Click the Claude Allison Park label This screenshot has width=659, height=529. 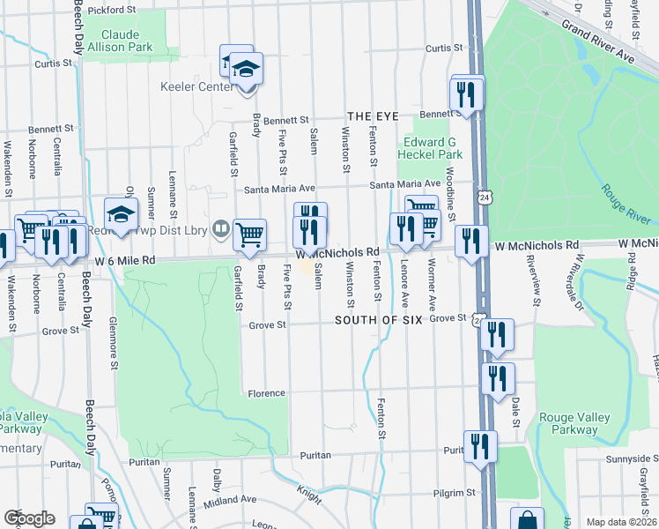tap(126, 41)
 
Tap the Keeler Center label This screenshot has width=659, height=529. tap(191, 88)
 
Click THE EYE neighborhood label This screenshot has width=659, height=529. tap(373, 116)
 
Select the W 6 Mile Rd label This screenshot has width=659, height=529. tap(124, 260)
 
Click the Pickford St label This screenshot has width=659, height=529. tap(115, 9)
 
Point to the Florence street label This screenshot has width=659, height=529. tap(265, 393)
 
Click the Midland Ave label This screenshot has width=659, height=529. tap(229, 499)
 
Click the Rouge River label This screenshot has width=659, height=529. tap(626, 204)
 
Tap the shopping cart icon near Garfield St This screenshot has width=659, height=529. tap(250, 234)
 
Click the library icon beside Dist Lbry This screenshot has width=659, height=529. tap(220, 228)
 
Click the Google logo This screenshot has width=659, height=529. tap(29, 518)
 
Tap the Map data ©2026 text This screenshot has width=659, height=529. tap(620, 522)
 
